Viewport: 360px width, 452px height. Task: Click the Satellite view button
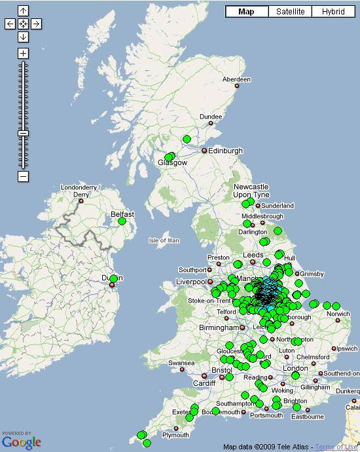click(291, 12)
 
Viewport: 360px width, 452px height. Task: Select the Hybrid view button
click(333, 12)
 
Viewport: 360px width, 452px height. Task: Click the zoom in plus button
click(23, 53)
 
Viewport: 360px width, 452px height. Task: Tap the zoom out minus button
click(23, 176)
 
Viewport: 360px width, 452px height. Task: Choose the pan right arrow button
click(37, 24)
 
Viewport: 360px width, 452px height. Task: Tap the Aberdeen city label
click(236, 79)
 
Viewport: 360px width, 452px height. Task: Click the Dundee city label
click(211, 117)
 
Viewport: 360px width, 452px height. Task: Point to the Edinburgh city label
click(225, 151)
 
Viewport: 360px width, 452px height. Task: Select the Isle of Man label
click(164, 240)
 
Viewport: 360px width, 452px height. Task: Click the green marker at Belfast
click(122, 221)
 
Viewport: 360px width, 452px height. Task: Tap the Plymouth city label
click(175, 435)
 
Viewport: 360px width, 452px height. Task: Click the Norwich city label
click(338, 314)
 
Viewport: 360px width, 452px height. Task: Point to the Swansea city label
click(181, 363)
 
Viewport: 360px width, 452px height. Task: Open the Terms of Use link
click(337, 447)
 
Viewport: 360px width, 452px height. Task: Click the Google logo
click(21, 442)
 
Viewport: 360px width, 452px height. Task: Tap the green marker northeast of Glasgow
click(187, 140)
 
